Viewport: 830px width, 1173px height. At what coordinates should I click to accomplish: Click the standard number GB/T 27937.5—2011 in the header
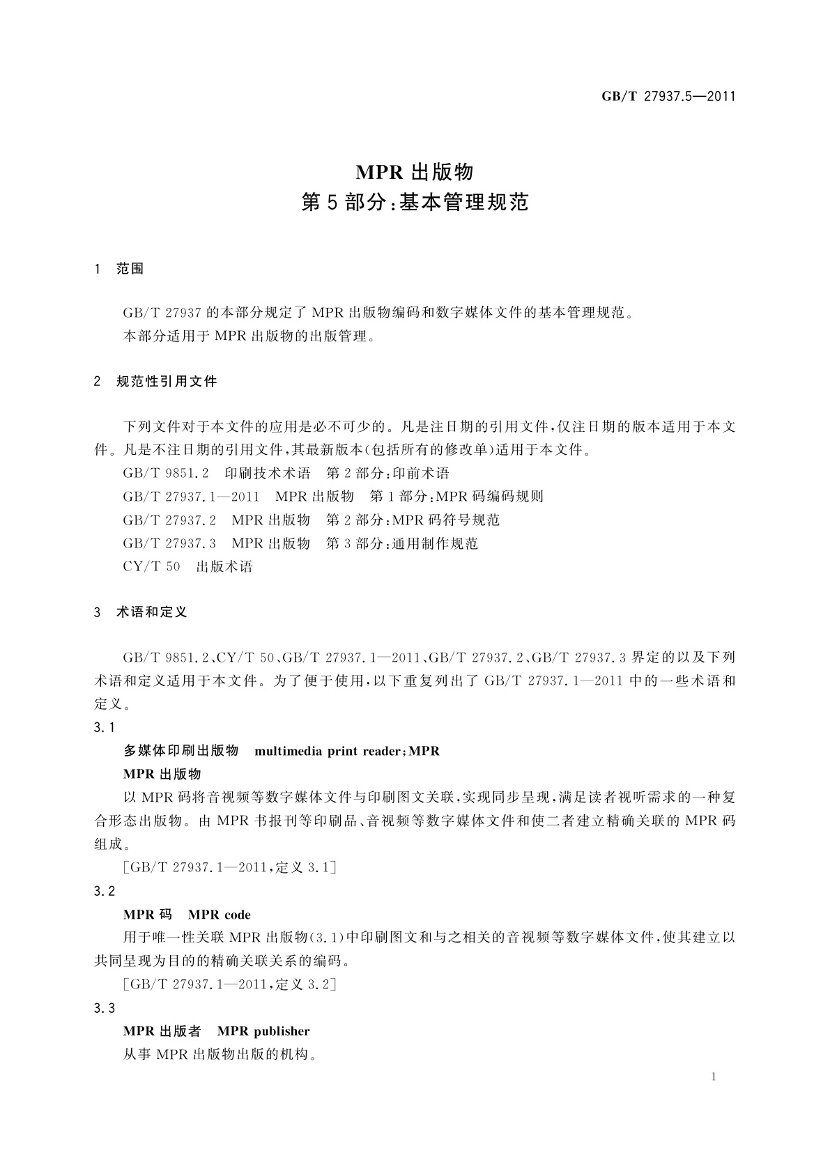tap(668, 97)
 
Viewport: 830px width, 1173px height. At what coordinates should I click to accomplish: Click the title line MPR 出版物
tap(415, 171)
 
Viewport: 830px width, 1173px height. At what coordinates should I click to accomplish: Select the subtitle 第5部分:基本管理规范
tap(415, 203)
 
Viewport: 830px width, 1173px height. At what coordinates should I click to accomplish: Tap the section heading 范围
tap(130, 269)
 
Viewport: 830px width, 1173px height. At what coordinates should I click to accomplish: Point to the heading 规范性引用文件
tap(167, 381)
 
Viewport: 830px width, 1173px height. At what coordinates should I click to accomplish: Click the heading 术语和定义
tap(152, 612)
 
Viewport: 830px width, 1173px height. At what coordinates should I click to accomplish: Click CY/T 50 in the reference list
tap(151, 566)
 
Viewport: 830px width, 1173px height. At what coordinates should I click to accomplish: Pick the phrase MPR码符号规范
tap(447, 520)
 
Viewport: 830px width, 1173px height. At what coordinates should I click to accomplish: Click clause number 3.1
tap(104, 728)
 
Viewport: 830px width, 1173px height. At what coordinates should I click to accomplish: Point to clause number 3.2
tap(104, 891)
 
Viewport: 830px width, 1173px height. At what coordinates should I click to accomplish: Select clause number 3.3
tap(104, 1008)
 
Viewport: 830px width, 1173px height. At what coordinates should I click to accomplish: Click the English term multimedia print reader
tap(327, 751)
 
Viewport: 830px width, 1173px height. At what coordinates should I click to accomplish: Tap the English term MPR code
tap(220, 915)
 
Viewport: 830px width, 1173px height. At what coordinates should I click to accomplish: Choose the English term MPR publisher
tap(263, 1031)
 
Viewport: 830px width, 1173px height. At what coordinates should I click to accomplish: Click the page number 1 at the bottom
tap(714, 1077)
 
